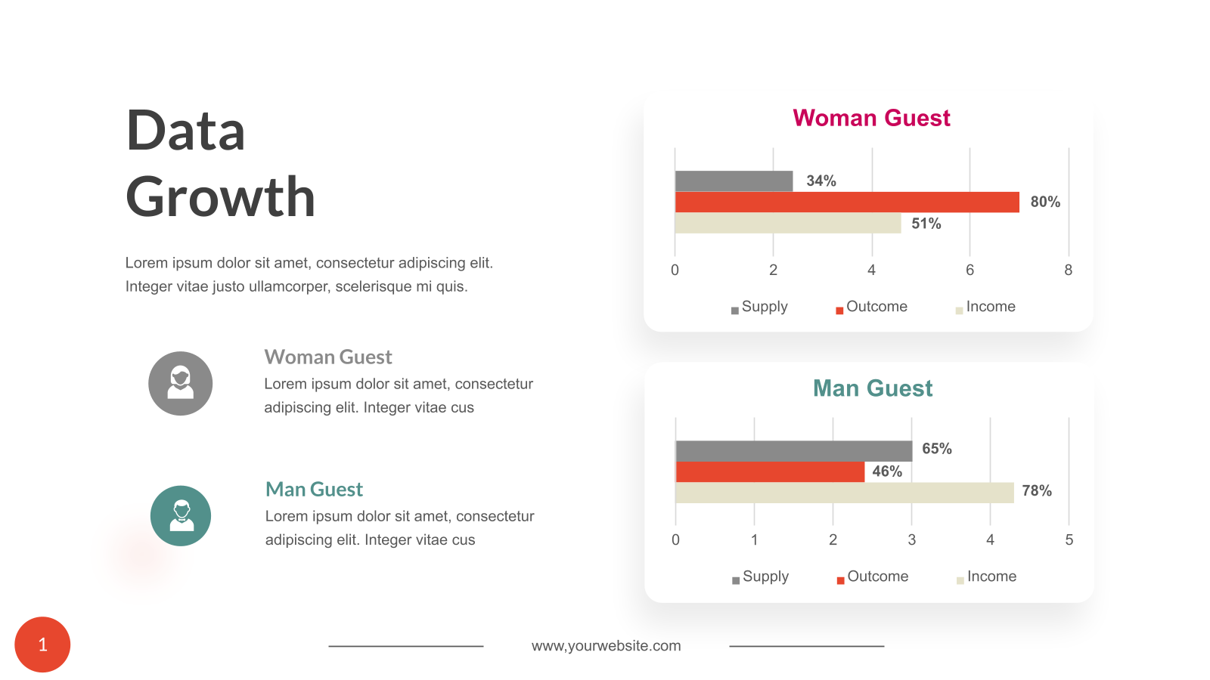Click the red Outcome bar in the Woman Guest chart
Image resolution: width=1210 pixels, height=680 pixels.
pyautogui.click(x=847, y=202)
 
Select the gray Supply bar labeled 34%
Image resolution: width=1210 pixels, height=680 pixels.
pyautogui.click(x=734, y=181)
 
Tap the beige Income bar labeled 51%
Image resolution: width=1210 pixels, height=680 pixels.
pyautogui.click(x=787, y=223)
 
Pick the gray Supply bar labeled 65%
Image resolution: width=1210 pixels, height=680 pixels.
pyautogui.click(x=793, y=451)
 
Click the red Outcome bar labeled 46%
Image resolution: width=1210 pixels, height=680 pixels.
pyautogui.click(x=769, y=472)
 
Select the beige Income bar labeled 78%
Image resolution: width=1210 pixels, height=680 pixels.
pyautogui.click(x=844, y=493)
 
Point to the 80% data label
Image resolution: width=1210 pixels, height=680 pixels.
pyautogui.click(x=1045, y=202)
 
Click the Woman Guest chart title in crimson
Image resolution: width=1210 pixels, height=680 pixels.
pyautogui.click(x=871, y=118)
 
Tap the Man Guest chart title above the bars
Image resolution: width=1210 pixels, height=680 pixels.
pyautogui.click(x=873, y=388)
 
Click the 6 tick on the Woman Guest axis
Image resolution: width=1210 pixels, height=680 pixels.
pyautogui.click(x=970, y=270)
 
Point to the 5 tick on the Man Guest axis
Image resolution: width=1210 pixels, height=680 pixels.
pyautogui.click(x=1069, y=539)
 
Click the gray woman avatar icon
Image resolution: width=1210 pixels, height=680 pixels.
pyautogui.click(x=180, y=383)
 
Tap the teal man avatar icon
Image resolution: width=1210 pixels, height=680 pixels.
pyautogui.click(x=180, y=516)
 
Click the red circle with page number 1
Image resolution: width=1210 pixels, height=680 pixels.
pyautogui.click(x=42, y=644)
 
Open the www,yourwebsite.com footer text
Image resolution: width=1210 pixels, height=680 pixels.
pyautogui.click(x=606, y=646)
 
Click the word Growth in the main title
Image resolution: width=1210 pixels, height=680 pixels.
pyautogui.click(x=220, y=197)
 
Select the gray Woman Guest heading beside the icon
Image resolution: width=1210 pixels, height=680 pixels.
pyautogui.click(x=328, y=357)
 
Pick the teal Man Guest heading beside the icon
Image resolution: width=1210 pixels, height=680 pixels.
pyautogui.click(x=314, y=490)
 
